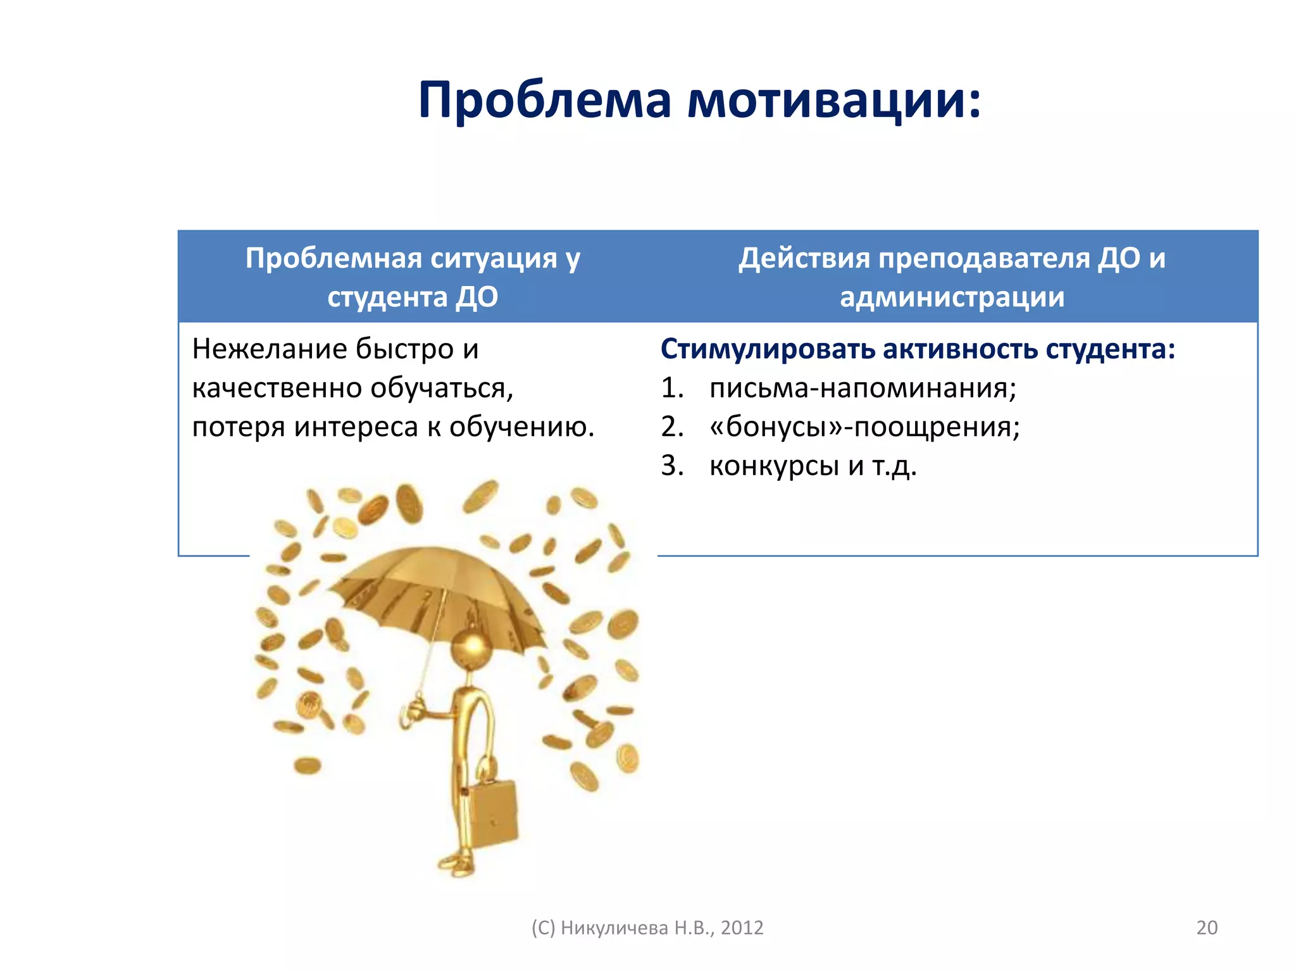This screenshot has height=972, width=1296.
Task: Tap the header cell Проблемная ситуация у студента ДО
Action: click(413, 277)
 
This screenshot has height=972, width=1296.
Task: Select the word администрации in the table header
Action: click(952, 297)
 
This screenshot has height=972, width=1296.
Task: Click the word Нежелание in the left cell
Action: click(270, 349)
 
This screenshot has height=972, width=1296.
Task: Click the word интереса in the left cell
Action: click(356, 427)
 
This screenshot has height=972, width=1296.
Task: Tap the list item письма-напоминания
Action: click(863, 388)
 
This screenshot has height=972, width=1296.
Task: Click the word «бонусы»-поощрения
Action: click(864, 427)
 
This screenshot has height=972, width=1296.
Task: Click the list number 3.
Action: click(671, 466)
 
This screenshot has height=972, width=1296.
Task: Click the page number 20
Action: click(1206, 928)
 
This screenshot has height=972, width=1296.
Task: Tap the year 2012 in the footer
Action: click(742, 928)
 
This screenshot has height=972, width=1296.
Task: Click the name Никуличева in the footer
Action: click(614, 928)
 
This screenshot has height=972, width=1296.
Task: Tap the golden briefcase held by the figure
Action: click(492, 815)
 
